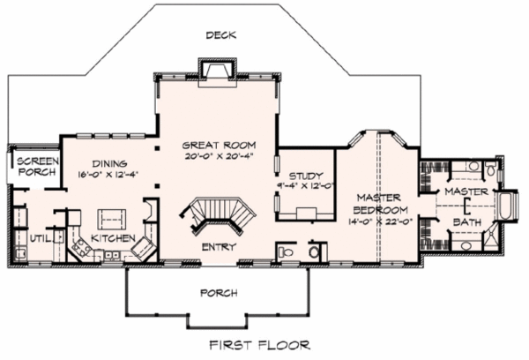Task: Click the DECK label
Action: [221, 34]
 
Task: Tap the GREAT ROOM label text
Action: [219, 146]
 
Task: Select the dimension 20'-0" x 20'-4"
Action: [219, 156]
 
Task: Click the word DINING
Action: [109, 164]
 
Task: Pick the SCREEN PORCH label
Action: [38, 167]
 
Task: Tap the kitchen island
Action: [112, 220]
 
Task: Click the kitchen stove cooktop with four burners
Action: [80, 248]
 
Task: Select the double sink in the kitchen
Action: [111, 255]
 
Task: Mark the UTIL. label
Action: [41, 239]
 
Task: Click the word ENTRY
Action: [219, 247]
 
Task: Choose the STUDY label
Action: [306, 176]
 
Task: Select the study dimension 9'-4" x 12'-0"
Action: [306, 185]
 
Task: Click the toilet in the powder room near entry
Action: [286, 251]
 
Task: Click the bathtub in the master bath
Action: [505, 206]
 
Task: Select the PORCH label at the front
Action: [219, 293]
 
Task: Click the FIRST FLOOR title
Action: [259, 345]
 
